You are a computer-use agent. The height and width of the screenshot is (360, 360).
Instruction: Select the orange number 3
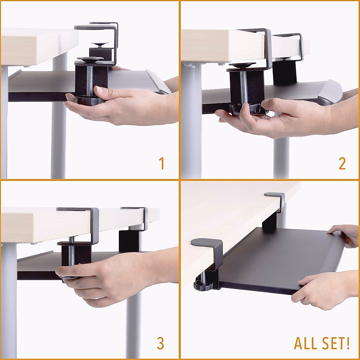(x=160, y=343)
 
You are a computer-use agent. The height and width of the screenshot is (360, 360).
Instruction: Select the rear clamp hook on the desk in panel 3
(x=133, y=209)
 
